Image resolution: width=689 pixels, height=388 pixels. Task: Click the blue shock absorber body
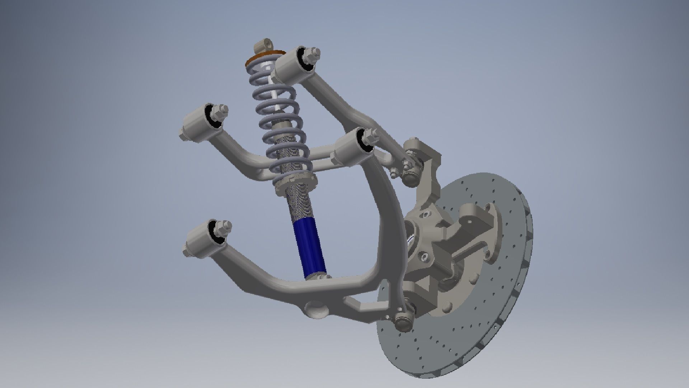309,248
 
